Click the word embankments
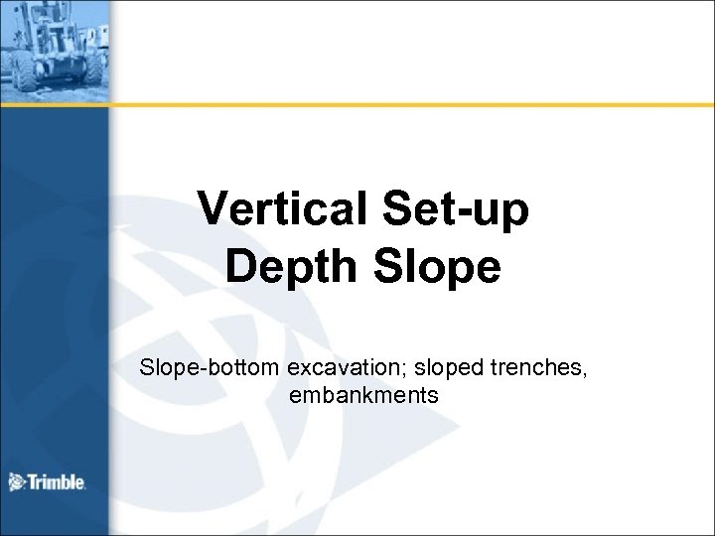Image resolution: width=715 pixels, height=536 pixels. click(363, 395)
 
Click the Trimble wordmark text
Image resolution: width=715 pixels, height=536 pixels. click(59, 483)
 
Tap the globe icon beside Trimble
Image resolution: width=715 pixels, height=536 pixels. click(17, 482)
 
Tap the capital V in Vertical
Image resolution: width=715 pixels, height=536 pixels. click(213, 208)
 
